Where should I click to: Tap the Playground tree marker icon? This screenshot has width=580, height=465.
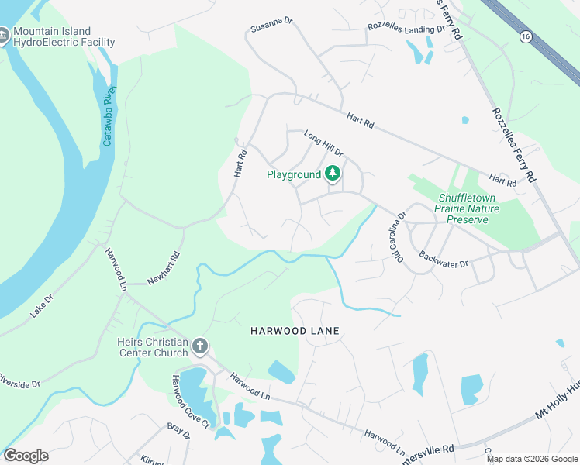pos(333,174)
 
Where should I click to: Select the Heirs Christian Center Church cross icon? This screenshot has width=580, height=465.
pos(200,346)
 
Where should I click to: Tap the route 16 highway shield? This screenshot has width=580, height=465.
pos(526,36)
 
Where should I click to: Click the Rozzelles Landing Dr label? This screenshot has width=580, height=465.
pos(406,29)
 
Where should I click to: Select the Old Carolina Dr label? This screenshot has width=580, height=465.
pos(394,237)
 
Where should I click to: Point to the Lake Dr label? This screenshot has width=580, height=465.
pos(42,305)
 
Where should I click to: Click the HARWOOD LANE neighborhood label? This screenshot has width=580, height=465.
pos(295,331)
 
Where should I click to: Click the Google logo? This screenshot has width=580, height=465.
pos(26,456)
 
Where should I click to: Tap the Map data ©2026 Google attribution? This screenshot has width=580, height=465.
pos(533,459)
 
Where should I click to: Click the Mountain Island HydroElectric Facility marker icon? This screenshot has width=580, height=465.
pos(3,36)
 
